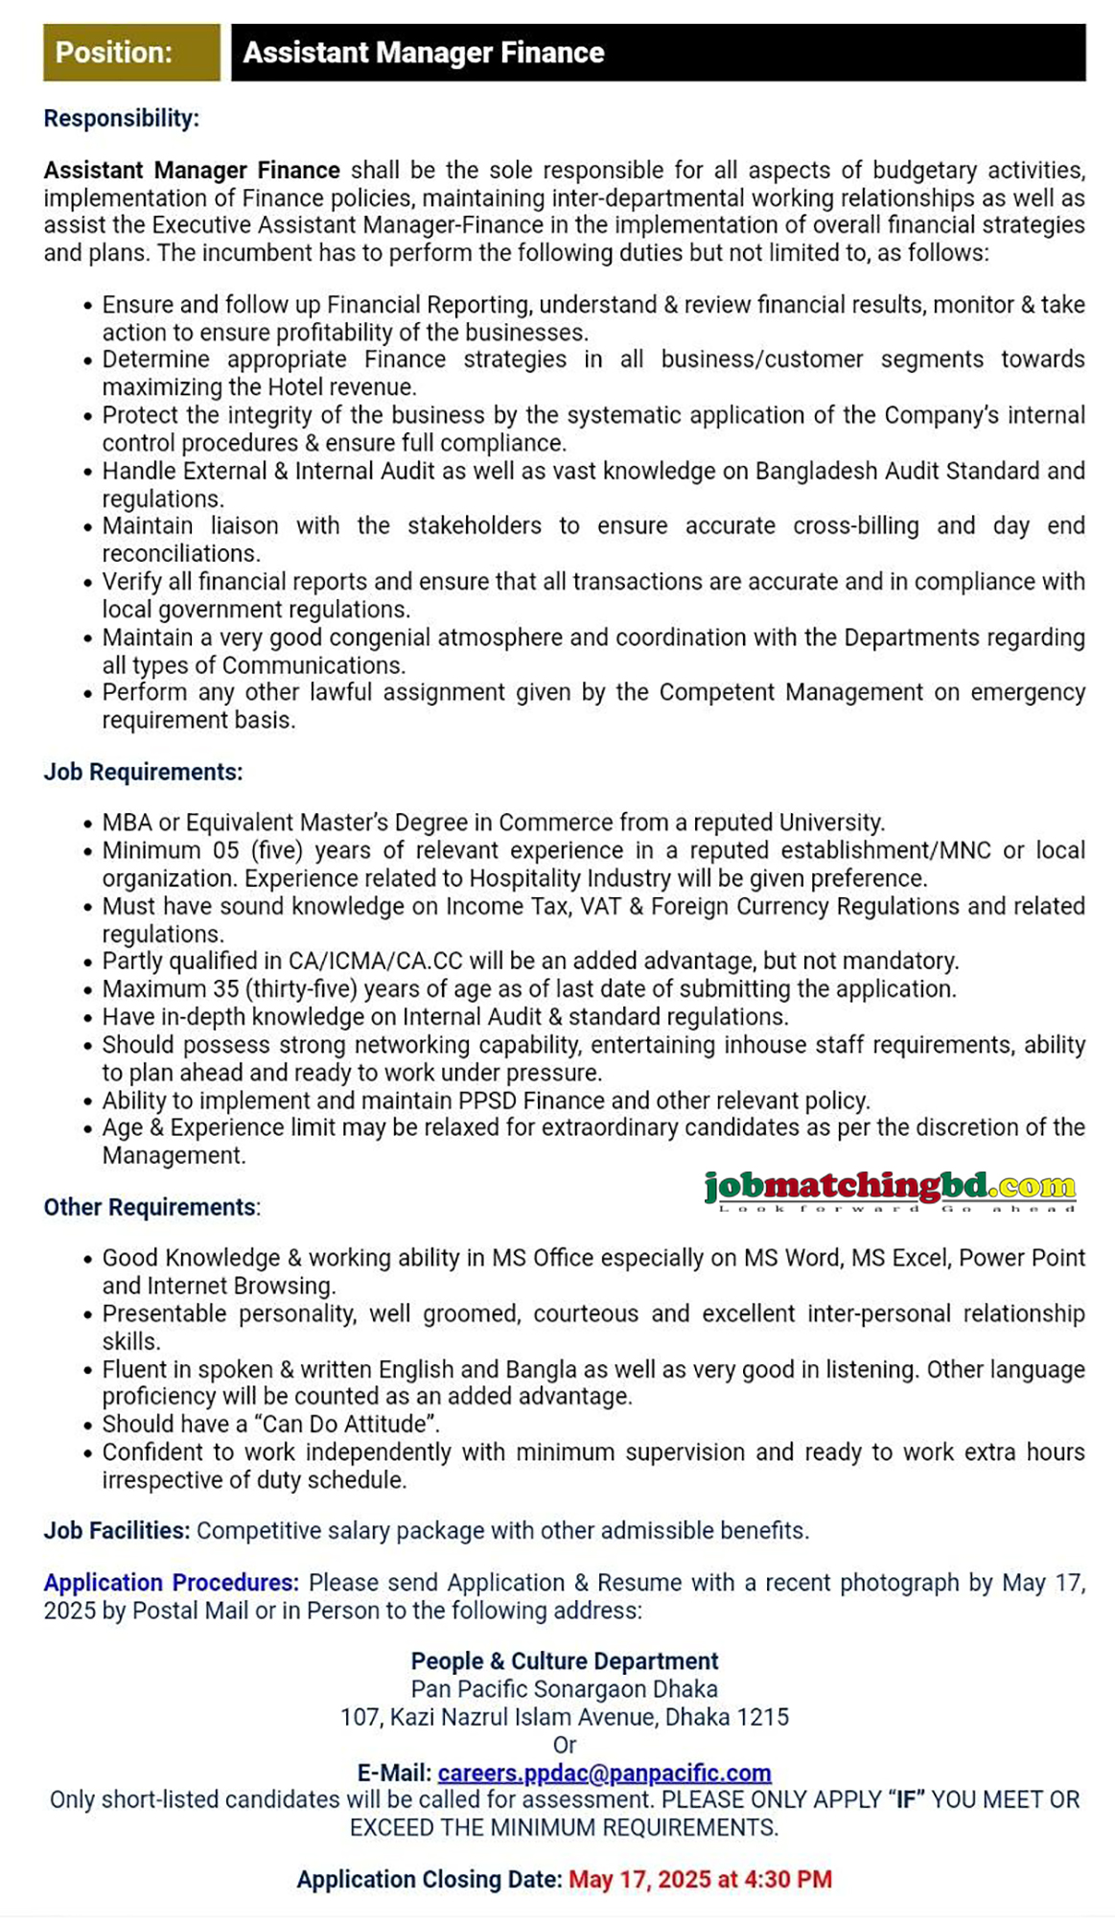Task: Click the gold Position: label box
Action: (131, 53)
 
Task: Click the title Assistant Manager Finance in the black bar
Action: (423, 53)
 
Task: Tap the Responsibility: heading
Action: (121, 118)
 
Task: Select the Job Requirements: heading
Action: (143, 772)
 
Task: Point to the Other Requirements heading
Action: (151, 1207)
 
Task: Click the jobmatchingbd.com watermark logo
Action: (890, 1190)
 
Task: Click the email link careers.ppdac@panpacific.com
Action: (604, 1773)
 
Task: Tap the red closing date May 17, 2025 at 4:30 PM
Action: (700, 1879)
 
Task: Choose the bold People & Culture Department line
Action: (564, 1660)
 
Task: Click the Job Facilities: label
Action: (116, 1530)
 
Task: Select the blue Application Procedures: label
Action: (171, 1582)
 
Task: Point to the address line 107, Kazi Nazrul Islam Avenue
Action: (564, 1716)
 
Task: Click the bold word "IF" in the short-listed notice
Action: (905, 1799)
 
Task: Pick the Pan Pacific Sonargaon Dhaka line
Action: (564, 1688)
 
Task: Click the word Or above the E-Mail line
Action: (564, 1745)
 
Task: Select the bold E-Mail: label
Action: (394, 1773)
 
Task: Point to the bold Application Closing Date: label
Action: (429, 1879)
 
